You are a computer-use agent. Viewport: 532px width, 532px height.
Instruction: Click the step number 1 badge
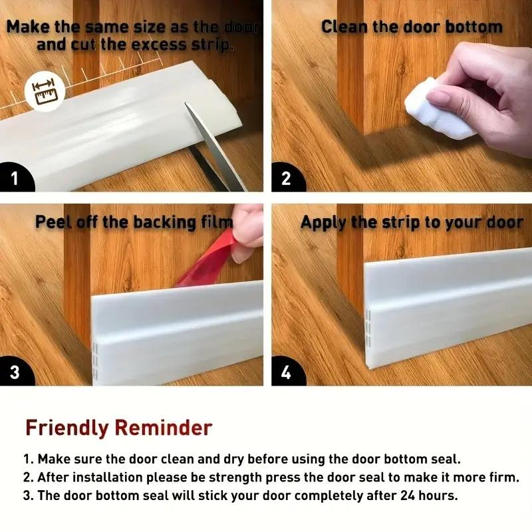(x=15, y=178)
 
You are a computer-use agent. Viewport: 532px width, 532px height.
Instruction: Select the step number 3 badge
(x=15, y=372)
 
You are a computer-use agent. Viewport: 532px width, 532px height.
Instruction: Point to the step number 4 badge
(x=287, y=372)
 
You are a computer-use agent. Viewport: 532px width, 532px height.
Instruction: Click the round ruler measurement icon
(x=45, y=92)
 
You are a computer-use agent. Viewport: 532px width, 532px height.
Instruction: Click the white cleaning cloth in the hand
(x=438, y=108)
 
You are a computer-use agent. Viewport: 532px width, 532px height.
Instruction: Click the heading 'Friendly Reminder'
(x=119, y=428)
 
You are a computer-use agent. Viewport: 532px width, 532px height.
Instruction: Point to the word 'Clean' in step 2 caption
(x=344, y=27)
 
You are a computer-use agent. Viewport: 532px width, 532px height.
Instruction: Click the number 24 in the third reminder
(x=408, y=495)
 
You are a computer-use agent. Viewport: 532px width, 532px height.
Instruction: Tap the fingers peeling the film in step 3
(x=246, y=234)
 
